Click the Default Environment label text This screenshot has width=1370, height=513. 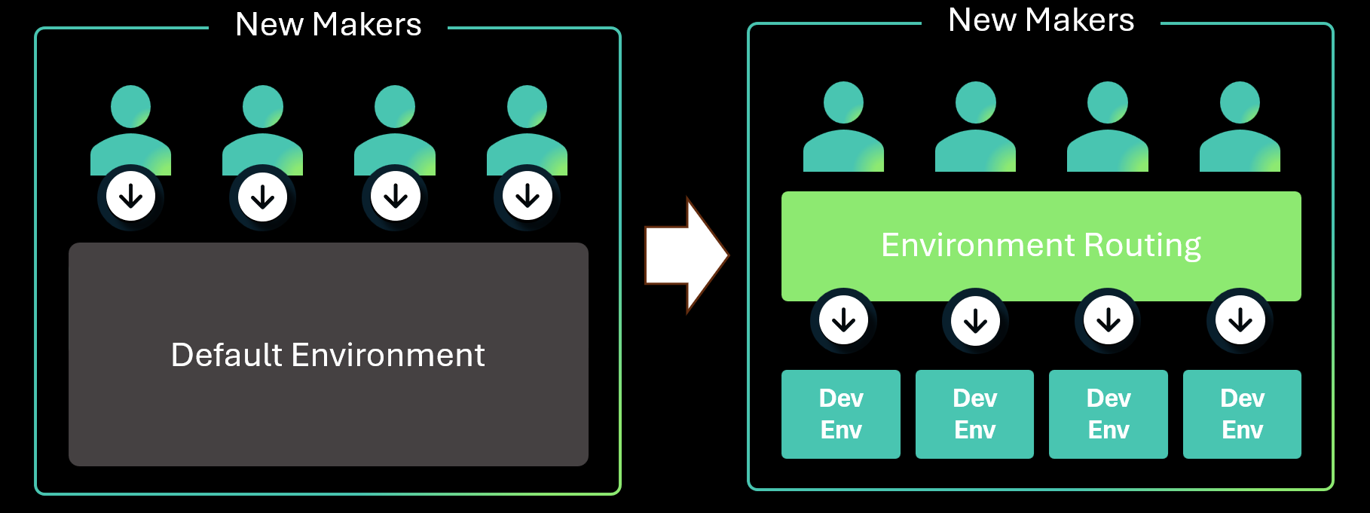328,355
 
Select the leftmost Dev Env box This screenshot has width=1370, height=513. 841,414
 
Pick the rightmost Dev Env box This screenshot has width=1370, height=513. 1242,414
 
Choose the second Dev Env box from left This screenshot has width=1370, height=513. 974,414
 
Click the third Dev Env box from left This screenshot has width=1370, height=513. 1109,414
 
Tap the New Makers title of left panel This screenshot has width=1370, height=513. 328,25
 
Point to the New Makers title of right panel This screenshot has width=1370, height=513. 1041,20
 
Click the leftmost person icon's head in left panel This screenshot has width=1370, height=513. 130,106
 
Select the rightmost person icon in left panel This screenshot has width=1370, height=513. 527,132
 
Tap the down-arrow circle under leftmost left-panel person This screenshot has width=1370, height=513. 130,197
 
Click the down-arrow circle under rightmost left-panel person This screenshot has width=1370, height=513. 527,197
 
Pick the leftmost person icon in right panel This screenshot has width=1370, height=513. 843,128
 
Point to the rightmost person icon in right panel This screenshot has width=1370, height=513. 1240,128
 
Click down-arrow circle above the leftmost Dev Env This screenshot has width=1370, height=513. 843,321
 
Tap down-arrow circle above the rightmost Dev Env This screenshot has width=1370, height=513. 1240,321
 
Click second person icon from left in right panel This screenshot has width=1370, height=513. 975,128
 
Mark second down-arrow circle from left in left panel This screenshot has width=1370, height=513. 262,197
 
